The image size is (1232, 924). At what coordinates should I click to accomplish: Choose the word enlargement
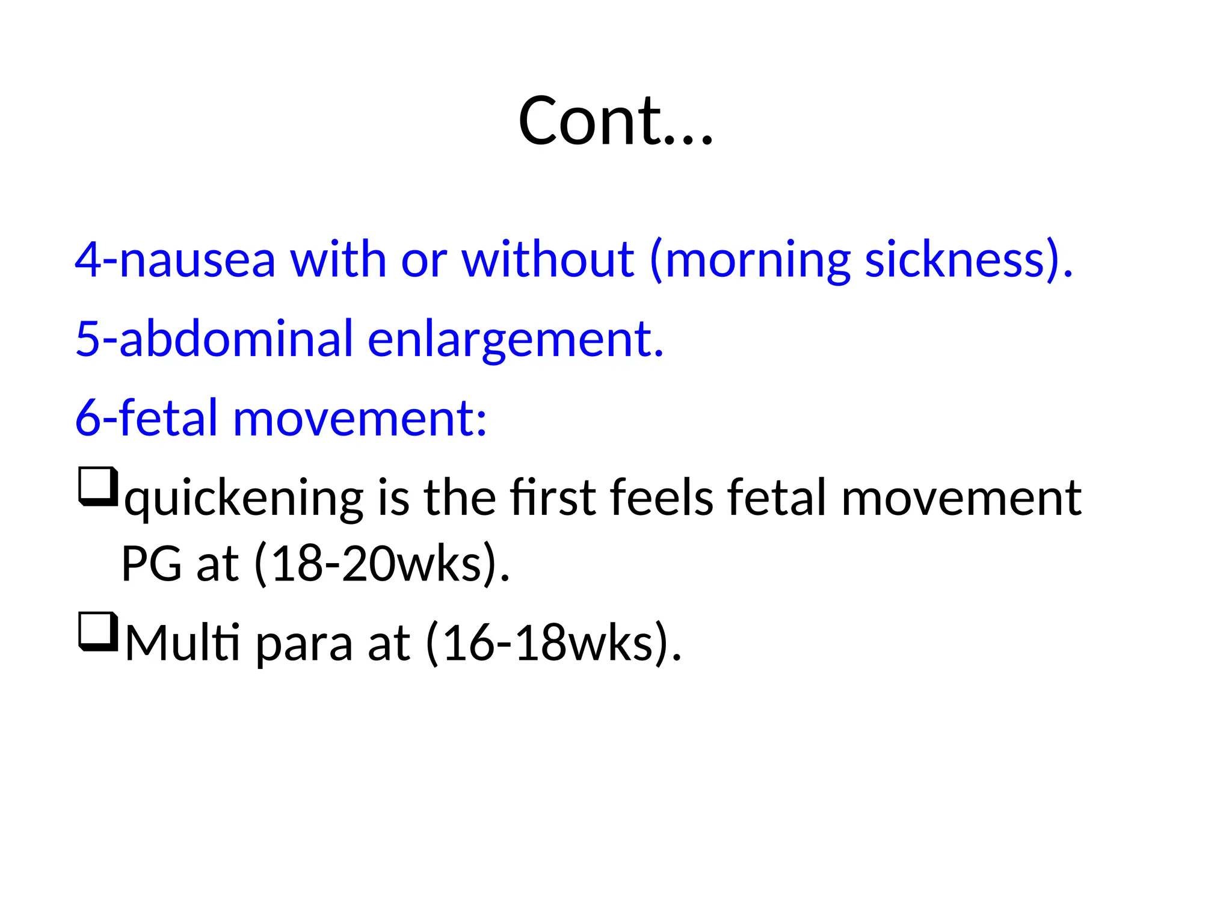(x=515, y=340)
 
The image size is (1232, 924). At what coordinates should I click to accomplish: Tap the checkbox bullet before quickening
(x=97, y=486)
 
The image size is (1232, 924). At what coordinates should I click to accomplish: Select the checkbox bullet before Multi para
(x=97, y=631)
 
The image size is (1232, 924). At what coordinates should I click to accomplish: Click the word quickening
(x=244, y=499)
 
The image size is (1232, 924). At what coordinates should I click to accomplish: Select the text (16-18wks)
(x=553, y=644)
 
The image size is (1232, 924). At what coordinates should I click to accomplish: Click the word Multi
(x=182, y=644)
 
